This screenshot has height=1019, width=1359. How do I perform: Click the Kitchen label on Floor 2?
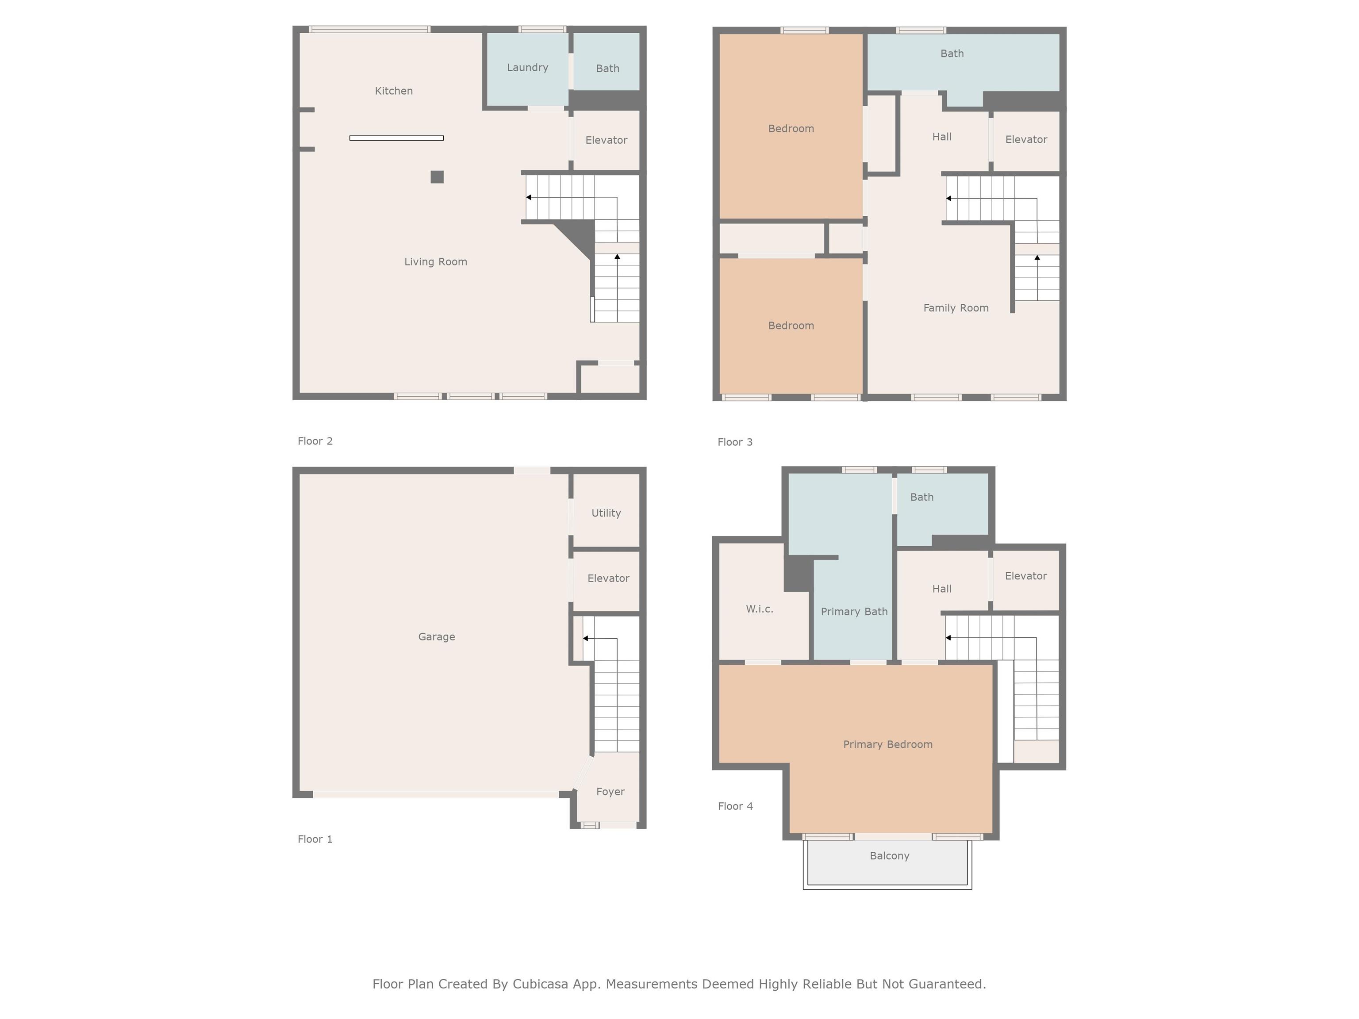394,91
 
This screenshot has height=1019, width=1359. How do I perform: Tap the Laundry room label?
527,68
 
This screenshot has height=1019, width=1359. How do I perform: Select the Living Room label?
436,262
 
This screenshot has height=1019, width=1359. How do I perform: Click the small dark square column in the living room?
437,177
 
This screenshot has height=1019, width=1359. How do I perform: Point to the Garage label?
436,637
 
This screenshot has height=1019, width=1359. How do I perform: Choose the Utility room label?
606,513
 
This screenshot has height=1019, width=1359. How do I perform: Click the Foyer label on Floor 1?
610,792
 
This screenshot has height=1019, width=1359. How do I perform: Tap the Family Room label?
956,308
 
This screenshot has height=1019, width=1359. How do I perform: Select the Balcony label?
889,856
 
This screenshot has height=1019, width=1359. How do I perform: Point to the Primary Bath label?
854,612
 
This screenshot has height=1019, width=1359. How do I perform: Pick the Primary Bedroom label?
888,744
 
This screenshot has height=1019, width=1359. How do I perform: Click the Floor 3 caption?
735,442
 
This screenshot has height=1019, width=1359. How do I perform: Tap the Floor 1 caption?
315,839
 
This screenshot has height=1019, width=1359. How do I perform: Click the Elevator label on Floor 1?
608,578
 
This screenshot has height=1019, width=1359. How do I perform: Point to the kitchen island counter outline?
396,138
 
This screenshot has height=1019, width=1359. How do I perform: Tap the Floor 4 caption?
735,806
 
